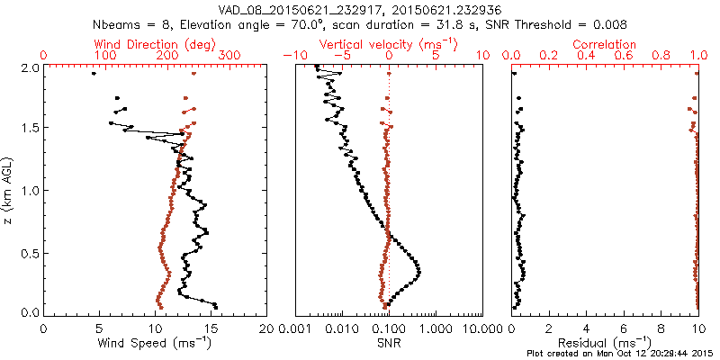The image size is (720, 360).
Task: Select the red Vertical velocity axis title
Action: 388,44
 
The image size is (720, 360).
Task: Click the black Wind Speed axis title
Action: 155,342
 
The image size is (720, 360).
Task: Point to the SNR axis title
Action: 388,342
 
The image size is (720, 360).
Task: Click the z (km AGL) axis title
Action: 9,191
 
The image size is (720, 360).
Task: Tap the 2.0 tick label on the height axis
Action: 29,67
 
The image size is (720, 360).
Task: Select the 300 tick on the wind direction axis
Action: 229,56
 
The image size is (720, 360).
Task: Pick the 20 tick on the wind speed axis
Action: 266,328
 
